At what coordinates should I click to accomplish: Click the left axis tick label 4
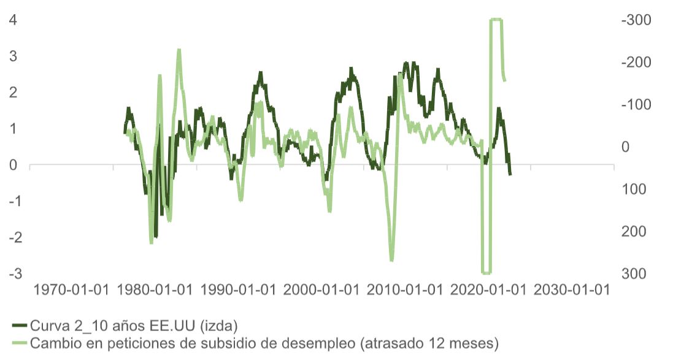pyautogui.click(x=12, y=20)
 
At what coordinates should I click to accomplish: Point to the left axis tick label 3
pyautogui.click(x=12, y=56)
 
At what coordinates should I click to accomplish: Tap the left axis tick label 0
pyautogui.click(x=12, y=164)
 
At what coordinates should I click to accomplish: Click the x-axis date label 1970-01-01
pyautogui.click(x=72, y=290)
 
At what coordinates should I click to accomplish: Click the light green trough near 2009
pyautogui.click(x=391, y=260)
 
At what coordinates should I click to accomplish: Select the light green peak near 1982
pyautogui.click(x=179, y=50)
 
